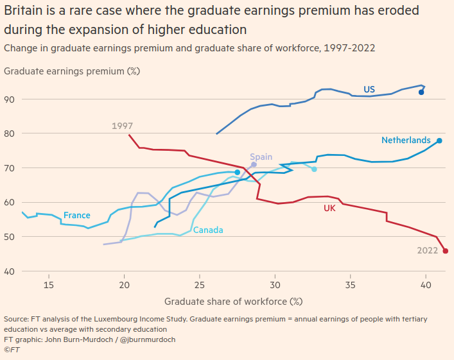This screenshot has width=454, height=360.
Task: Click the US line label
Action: click(369, 90)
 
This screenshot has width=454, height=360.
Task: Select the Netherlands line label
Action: click(406, 141)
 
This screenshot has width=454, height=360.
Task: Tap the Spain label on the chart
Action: click(261, 157)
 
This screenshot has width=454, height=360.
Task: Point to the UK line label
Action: click(329, 209)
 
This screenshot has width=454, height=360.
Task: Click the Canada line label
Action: click(208, 230)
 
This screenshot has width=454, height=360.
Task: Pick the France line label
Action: click(76, 216)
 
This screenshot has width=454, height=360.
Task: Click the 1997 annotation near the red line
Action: click(122, 126)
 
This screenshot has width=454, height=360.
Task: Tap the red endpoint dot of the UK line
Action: click(446, 251)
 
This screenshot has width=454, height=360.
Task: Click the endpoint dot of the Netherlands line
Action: click(439, 141)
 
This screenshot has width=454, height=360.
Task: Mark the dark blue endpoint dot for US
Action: click(421, 92)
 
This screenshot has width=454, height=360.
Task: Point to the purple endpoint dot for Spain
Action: click(254, 165)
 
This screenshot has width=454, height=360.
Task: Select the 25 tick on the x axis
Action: click(200, 284)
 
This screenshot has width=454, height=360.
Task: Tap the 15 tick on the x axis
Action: click(48, 284)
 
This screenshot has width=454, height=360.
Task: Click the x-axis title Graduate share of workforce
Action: click(233, 301)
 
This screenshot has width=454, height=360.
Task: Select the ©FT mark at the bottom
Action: click(12, 349)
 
